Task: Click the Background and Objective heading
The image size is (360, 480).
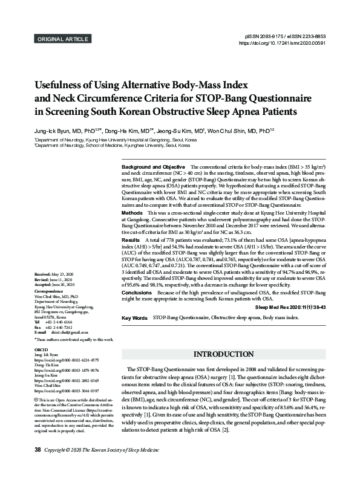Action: (154, 167)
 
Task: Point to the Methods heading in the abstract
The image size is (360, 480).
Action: (133, 214)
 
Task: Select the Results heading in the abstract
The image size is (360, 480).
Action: (131, 241)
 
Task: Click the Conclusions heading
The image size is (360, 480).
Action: (137, 292)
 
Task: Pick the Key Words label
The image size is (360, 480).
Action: (135, 317)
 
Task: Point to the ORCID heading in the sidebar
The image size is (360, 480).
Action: (42, 349)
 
